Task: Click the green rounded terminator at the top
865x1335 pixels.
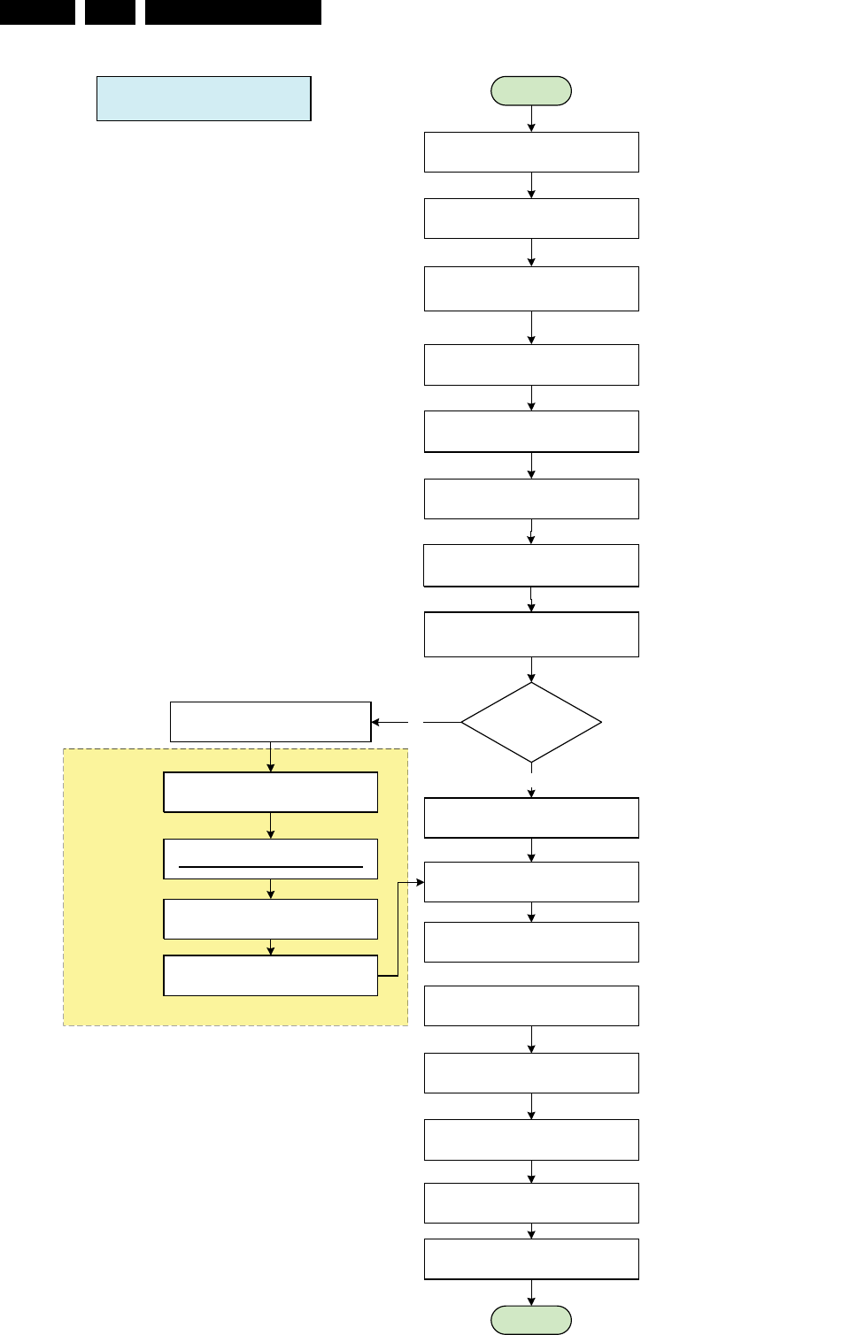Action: click(531, 91)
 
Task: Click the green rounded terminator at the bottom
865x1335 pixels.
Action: click(531, 1320)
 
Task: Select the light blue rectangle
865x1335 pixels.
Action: click(204, 98)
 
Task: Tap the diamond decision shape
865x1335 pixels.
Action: click(531, 722)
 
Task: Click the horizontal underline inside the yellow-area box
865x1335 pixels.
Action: click(271, 867)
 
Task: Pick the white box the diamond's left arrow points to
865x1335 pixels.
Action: click(270, 722)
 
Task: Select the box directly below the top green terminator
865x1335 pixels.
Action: click(531, 152)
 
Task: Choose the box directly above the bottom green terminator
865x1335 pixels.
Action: click(531, 1259)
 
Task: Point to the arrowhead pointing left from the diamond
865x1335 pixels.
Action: click(376, 722)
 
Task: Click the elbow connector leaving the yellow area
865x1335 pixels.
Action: click(398, 929)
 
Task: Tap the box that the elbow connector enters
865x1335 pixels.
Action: click(531, 882)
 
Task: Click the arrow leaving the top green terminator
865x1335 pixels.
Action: click(531, 119)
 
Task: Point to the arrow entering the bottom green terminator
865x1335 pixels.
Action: click(531, 1293)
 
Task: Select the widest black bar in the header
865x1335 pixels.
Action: click(233, 12)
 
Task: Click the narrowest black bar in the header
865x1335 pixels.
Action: click(110, 12)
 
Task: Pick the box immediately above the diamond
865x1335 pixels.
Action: click(531, 634)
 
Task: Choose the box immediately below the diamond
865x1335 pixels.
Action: click(531, 817)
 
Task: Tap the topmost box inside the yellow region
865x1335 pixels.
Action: click(271, 793)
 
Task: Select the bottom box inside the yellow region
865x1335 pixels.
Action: click(271, 976)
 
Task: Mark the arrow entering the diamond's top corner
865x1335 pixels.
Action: click(531, 670)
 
